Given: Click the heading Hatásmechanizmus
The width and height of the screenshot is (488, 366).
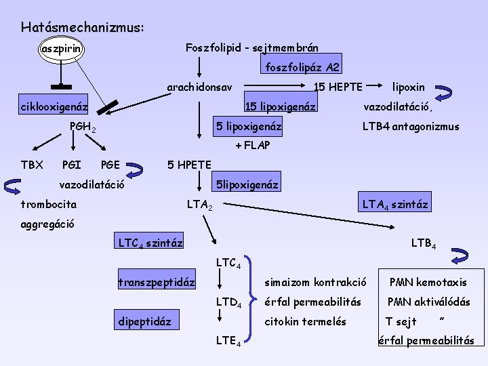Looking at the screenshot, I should (82, 28).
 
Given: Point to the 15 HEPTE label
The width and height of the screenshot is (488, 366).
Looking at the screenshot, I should (338, 87).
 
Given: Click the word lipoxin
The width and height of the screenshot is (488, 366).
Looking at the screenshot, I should (409, 87).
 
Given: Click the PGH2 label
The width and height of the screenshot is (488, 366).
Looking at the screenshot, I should (83, 127).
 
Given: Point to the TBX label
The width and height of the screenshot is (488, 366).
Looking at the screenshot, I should (32, 165).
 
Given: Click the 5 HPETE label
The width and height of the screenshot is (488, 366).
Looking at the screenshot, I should (190, 165).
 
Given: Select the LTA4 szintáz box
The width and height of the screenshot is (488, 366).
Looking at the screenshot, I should (395, 203).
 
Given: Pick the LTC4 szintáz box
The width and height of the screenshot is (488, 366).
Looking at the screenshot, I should (150, 242).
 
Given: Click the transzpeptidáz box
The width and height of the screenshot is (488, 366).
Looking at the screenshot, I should (157, 281).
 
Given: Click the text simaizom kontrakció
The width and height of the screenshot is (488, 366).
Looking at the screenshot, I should (316, 281).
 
